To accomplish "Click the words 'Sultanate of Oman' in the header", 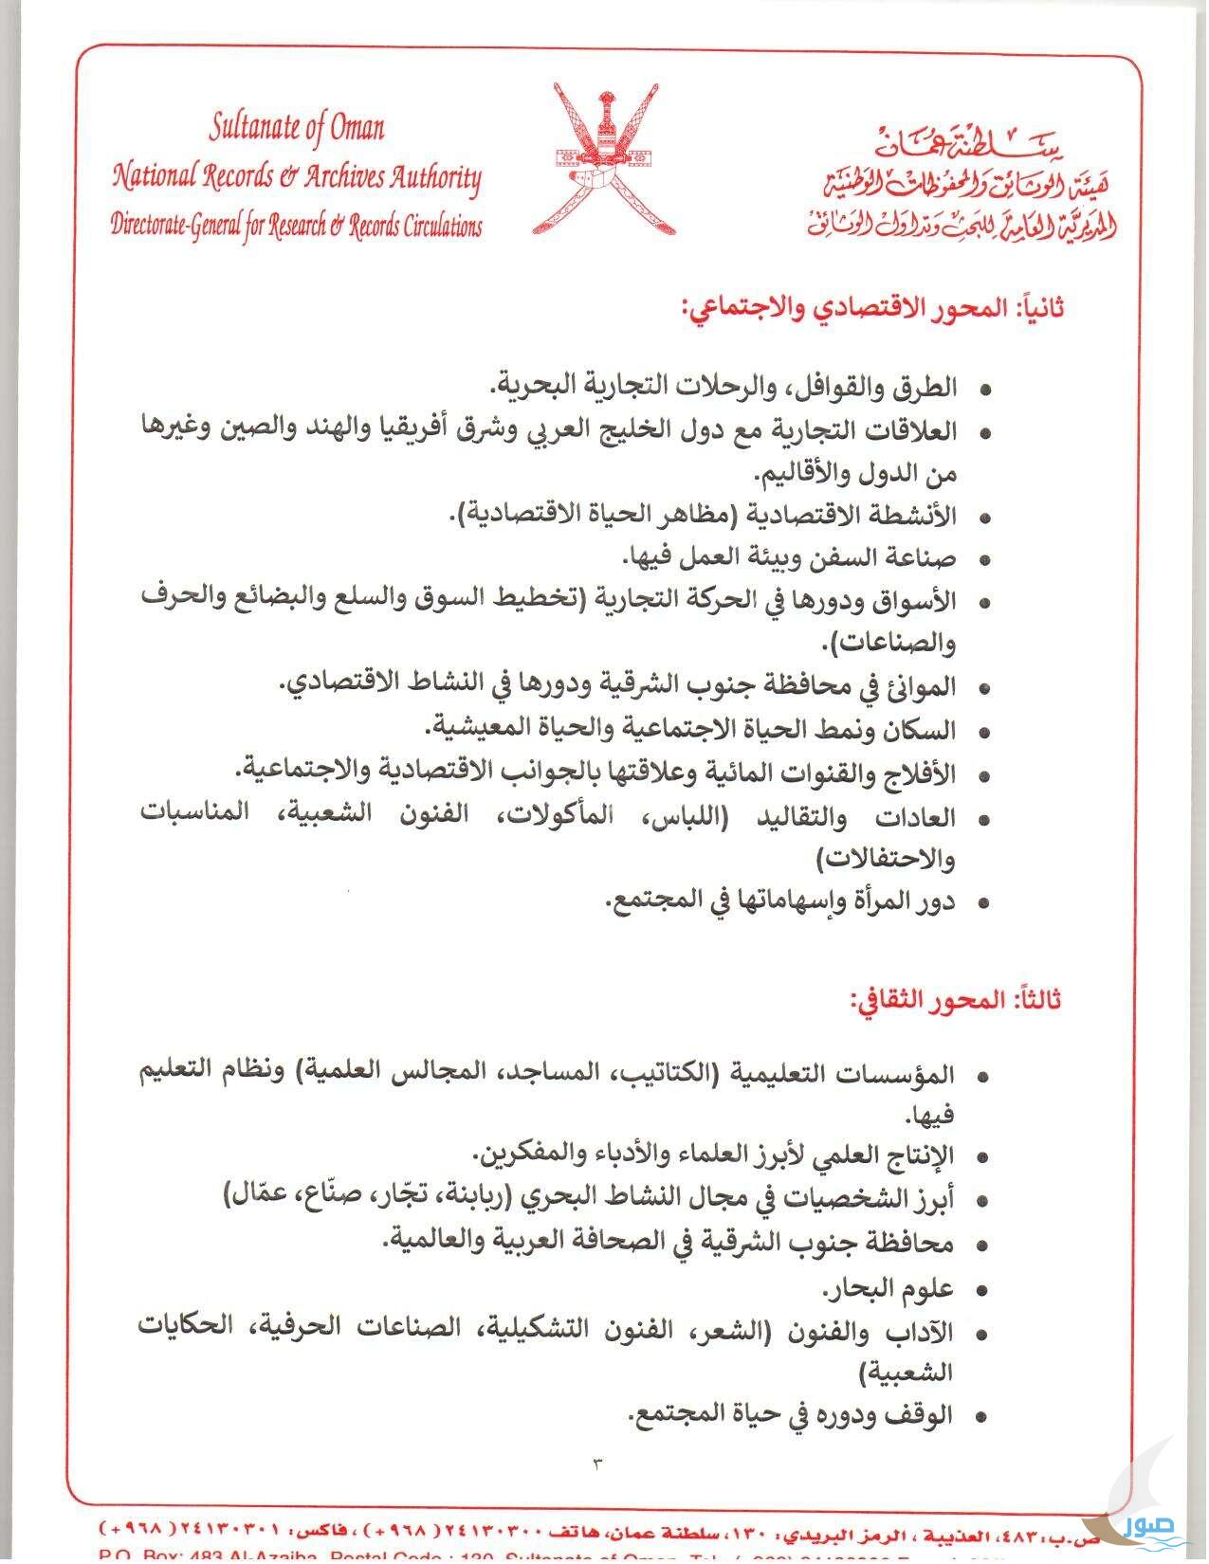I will pyautogui.click(x=297, y=127).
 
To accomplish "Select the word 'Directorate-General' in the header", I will pyautogui.click(x=176, y=227).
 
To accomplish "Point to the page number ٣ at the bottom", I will pyautogui.click(x=598, y=1464).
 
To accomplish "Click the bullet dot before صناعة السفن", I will pyautogui.click(x=983, y=560).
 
